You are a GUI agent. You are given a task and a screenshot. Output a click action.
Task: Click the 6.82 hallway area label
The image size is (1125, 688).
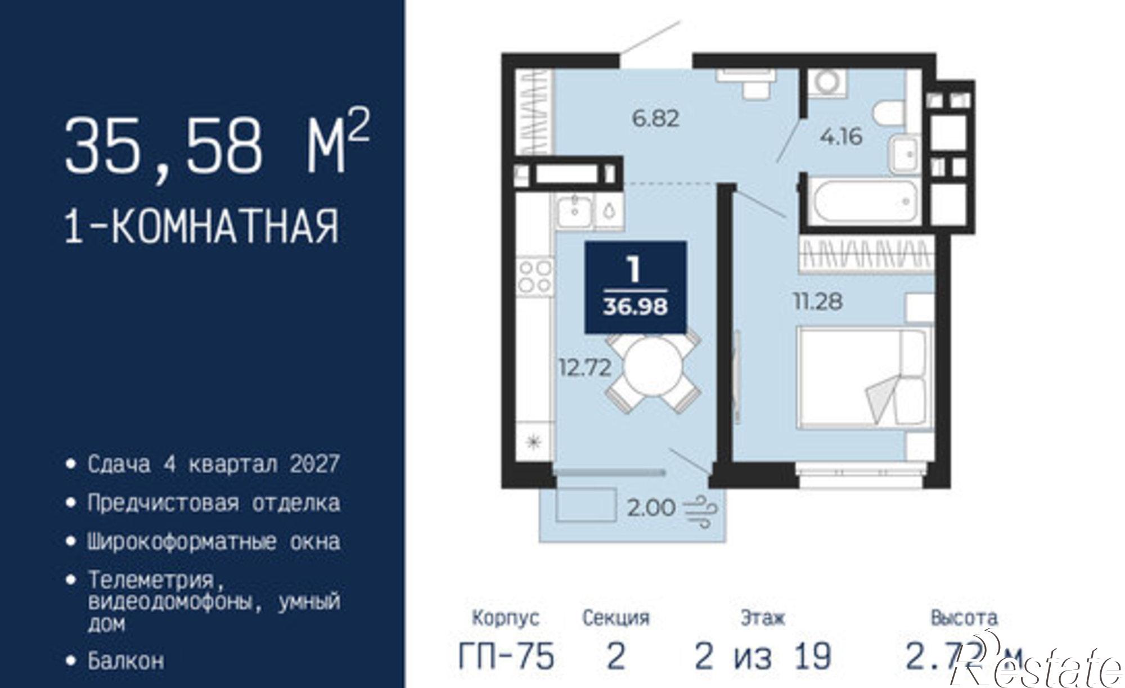(656, 119)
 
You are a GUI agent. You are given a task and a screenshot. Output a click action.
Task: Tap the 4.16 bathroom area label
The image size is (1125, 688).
(841, 137)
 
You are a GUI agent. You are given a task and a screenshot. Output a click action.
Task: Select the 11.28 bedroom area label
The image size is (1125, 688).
(818, 302)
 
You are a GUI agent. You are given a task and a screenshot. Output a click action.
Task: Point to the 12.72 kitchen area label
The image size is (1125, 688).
(584, 368)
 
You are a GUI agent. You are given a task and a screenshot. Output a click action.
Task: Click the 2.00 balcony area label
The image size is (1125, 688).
(651, 508)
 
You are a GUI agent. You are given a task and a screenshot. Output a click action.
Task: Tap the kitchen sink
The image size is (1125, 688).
(574, 212)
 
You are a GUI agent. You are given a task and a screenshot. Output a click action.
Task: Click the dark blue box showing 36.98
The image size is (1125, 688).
(636, 287)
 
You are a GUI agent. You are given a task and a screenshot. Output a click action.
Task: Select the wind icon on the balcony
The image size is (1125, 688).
(701, 509)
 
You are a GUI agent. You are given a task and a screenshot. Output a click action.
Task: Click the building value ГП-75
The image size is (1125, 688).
(506, 656)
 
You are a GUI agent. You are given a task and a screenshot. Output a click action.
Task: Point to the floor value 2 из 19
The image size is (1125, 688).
(763, 656)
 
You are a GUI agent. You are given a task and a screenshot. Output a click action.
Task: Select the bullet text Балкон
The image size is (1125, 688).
(125, 660)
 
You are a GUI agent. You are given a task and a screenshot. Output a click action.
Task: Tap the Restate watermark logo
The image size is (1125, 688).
(1041, 667)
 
